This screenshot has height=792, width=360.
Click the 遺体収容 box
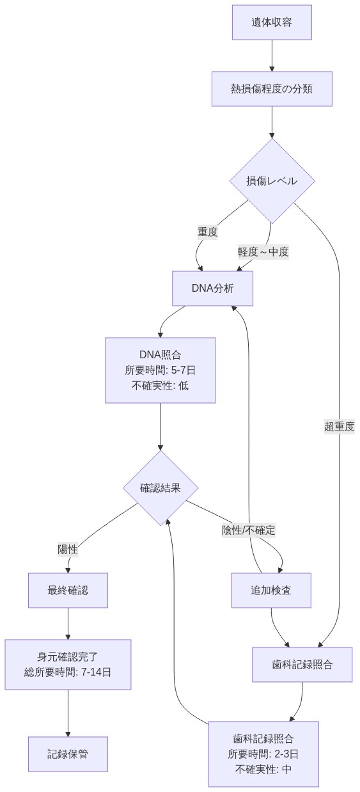coord(272,22)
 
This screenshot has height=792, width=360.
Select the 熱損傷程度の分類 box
coord(272,88)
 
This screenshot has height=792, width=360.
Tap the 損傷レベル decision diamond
coord(272,180)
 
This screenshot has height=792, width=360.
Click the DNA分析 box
coord(213,288)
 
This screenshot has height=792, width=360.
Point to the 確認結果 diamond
coord(160,487)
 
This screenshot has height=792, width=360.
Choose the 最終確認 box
coord(68,590)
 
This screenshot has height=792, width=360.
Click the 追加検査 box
coord(271,590)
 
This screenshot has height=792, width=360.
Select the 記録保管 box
coord(68,754)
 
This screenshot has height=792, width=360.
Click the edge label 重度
coord(207,232)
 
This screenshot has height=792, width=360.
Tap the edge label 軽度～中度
coord(263,251)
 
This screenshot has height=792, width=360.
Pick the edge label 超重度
coord(339,427)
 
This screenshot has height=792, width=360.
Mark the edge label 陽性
coord(68,549)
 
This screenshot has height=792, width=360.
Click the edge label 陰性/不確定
coord(249,530)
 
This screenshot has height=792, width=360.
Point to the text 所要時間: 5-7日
coord(160,370)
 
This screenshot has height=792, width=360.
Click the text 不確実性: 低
coord(160,386)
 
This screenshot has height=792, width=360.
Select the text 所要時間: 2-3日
coord(263,754)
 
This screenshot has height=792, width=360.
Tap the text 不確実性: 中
coord(263,769)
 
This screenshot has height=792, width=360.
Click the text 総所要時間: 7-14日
coord(68,672)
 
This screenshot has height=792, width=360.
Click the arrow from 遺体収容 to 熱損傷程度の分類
coord(272,56)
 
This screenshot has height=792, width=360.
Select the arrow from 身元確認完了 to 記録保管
coord(68,713)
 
